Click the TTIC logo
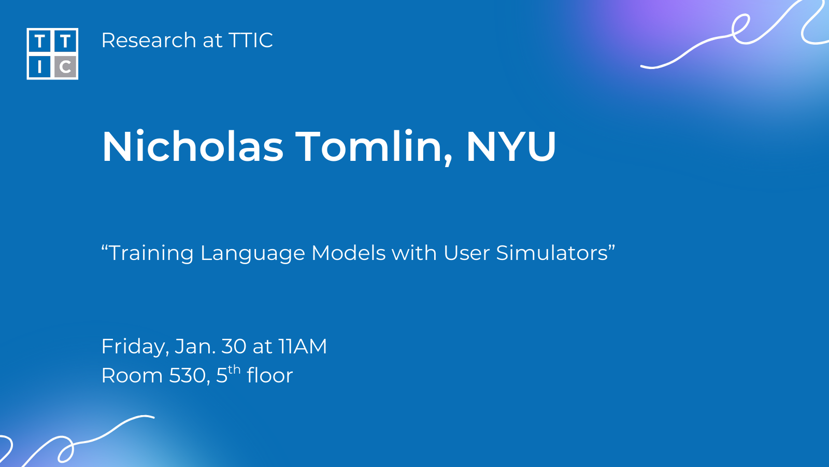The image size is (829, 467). click(52, 54)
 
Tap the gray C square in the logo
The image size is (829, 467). click(65, 67)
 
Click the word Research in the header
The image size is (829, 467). click(149, 40)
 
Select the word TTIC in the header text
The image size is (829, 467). click(251, 40)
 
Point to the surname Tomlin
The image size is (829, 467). click(374, 147)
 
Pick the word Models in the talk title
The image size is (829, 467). click(349, 253)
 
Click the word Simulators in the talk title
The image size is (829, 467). click(552, 253)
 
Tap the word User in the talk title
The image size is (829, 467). click(466, 253)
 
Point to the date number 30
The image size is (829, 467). click(234, 346)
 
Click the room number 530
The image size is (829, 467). click(187, 376)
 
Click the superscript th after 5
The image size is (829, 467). click(234, 369)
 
